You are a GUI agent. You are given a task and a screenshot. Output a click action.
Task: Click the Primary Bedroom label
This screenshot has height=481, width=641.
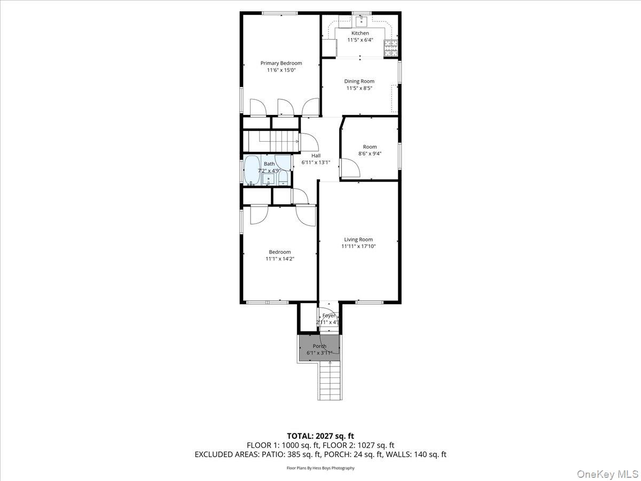pyautogui.click(x=281, y=63)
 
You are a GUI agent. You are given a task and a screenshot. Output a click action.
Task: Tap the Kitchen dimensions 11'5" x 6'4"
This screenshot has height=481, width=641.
pyautogui.click(x=359, y=40)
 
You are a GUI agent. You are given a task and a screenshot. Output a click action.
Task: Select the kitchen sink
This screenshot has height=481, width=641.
pyautogui.click(x=361, y=21)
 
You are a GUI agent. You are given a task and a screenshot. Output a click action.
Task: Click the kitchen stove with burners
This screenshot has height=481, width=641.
pyautogui.click(x=391, y=49)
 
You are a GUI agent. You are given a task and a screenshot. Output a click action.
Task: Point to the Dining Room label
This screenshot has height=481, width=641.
pyautogui.click(x=359, y=81)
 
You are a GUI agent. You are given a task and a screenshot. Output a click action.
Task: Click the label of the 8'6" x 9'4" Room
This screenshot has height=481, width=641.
pyautogui.click(x=370, y=146)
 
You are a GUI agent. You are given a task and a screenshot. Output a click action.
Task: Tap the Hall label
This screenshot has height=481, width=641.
pyautogui.click(x=316, y=155)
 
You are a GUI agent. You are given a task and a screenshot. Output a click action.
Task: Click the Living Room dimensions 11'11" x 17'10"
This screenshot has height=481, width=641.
pyautogui.click(x=358, y=246)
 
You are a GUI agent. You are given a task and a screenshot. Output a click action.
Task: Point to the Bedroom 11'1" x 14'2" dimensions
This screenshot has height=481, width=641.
pyautogui.click(x=280, y=259)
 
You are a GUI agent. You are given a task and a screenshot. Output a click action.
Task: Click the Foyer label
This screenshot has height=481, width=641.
pyautogui.click(x=329, y=316)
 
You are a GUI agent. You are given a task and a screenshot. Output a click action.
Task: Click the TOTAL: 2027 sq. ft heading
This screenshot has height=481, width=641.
pyautogui.click(x=320, y=436)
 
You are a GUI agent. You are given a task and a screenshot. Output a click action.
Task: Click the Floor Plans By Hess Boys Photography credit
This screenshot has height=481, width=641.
pyautogui.click(x=320, y=468)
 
